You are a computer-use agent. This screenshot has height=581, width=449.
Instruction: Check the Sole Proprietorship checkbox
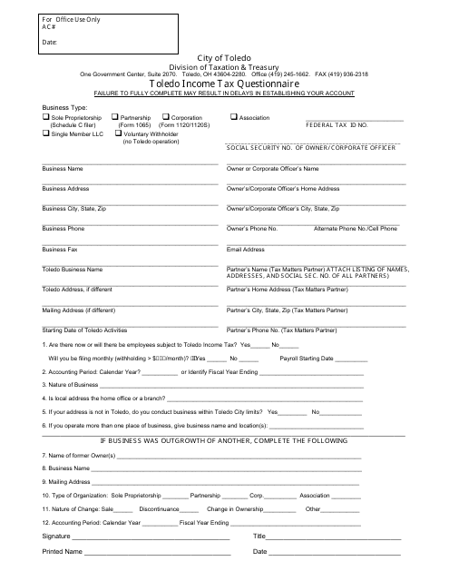point(46,118)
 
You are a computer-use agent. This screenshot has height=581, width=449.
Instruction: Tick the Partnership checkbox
point(114,118)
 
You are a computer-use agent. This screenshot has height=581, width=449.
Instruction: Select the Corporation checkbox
point(164,118)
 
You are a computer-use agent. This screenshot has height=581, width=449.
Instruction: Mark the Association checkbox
point(233,118)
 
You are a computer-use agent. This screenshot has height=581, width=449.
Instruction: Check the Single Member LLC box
point(46,133)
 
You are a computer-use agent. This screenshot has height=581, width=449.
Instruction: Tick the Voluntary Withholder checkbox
point(114,133)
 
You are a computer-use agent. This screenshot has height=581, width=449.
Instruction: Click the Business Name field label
point(63,169)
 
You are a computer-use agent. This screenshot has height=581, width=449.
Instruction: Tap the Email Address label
point(246,249)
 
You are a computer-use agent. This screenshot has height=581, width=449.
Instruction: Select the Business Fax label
point(60,249)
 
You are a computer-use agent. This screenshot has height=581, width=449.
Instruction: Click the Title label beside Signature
point(259,537)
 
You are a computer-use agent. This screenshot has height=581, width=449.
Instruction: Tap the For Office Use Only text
point(71,19)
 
